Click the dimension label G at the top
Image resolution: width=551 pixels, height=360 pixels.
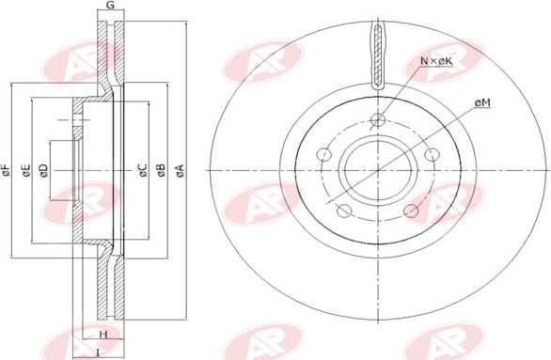pyautogui.click(x=110, y=5)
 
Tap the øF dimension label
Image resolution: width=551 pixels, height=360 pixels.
pyautogui.click(x=6, y=170)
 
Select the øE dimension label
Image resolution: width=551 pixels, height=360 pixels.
pyautogui.click(x=26, y=170)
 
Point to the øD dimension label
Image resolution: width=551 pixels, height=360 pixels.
pyautogui.click(x=43, y=170)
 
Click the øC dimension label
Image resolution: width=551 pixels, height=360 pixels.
pyautogui.click(x=143, y=170)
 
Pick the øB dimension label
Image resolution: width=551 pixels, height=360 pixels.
pyautogui.click(x=161, y=170)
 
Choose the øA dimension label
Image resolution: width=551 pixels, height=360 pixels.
pyautogui.click(x=180, y=170)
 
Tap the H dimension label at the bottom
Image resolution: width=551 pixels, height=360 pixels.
pyautogui.click(x=102, y=335)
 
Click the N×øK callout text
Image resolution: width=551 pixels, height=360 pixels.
pyautogui.click(x=436, y=61)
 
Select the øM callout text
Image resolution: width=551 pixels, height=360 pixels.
pyautogui.click(x=482, y=102)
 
